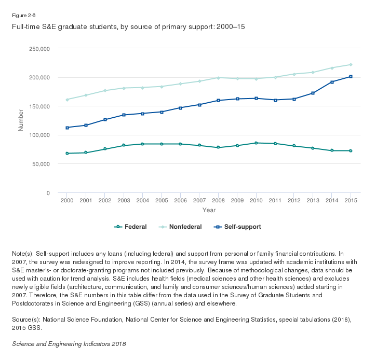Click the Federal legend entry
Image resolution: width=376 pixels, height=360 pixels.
(x=130, y=227)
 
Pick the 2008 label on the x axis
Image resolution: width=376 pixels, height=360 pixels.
(x=218, y=200)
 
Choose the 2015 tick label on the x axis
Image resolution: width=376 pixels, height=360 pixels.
(x=351, y=200)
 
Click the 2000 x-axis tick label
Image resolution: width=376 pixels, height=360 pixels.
(x=67, y=200)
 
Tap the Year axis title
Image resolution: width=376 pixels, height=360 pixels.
(x=209, y=210)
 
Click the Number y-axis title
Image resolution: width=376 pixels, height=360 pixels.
(x=21, y=120)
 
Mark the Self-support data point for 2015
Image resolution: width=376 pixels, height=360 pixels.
(x=351, y=77)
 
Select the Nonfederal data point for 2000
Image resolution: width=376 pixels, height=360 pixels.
(x=67, y=100)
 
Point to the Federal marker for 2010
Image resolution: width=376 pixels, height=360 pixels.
(x=256, y=143)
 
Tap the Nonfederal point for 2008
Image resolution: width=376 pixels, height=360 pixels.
(x=218, y=78)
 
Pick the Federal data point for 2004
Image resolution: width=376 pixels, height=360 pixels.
(x=143, y=144)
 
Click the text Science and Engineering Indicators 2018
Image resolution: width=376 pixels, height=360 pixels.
(x=69, y=344)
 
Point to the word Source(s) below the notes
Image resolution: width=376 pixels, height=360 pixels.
(x=25, y=320)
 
